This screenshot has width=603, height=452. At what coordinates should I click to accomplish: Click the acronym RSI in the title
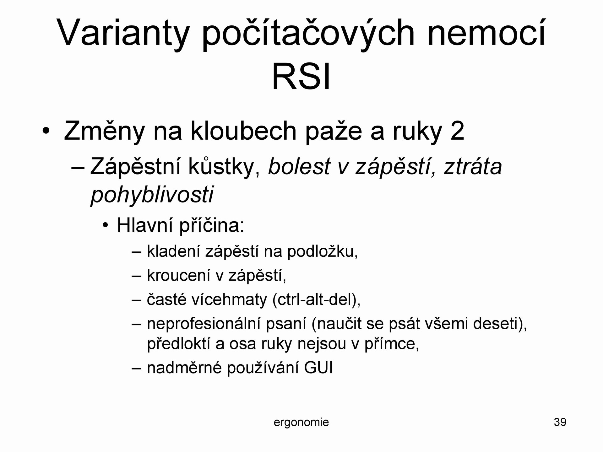pyautogui.click(x=301, y=77)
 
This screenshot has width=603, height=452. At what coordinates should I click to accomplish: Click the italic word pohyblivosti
pyautogui.click(x=152, y=195)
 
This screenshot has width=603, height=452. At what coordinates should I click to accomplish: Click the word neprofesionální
pyautogui.click(x=204, y=324)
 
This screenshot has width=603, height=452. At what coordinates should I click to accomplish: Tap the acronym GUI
pyautogui.click(x=318, y=368)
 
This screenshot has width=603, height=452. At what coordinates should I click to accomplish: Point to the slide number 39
pyautogui.click(x=560, y=422)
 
